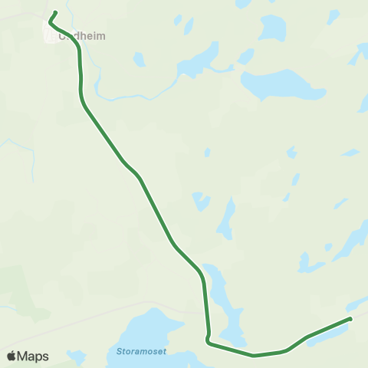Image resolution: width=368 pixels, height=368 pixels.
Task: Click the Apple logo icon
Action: pos(11,356)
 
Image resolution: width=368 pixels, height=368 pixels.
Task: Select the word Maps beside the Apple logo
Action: pos(33,356)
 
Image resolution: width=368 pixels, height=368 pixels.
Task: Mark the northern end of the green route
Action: pos(56,11)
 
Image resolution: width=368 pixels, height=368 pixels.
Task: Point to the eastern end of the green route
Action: pos(350,318)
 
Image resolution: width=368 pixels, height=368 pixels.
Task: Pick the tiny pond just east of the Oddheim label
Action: pos(139,59)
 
